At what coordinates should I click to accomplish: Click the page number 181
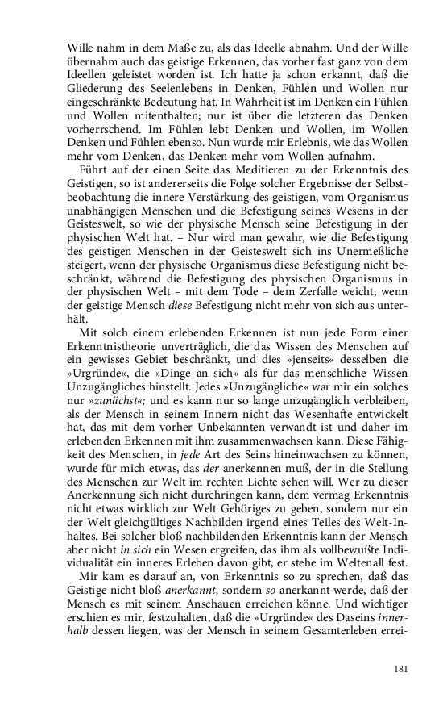click(x=403, y=669)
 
